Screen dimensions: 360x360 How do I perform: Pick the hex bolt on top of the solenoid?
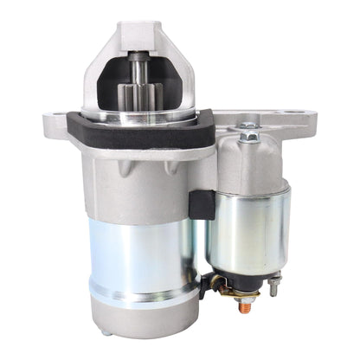pyautogui.click(x=249, y=131)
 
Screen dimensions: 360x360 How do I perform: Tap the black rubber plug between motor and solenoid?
pyautogui.click(x=201, y=203)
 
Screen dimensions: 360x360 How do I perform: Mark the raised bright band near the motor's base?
pyautogui.click(x=138, y=292)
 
